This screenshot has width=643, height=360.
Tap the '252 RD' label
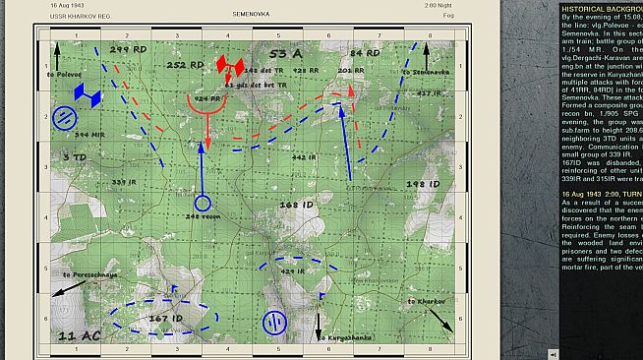coord(185,65)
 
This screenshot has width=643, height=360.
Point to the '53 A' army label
coord(284,51)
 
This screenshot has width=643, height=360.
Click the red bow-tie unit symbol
coord(229,66)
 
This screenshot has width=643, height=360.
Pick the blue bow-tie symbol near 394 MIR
coord(88,95)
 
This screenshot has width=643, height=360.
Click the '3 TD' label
coord(74,157)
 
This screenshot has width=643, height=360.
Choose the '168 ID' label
coord(295,205)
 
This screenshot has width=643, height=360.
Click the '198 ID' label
coord(423,183)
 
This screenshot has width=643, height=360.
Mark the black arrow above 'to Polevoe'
coord(57,54)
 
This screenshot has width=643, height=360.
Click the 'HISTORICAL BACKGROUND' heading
coord(600,7)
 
